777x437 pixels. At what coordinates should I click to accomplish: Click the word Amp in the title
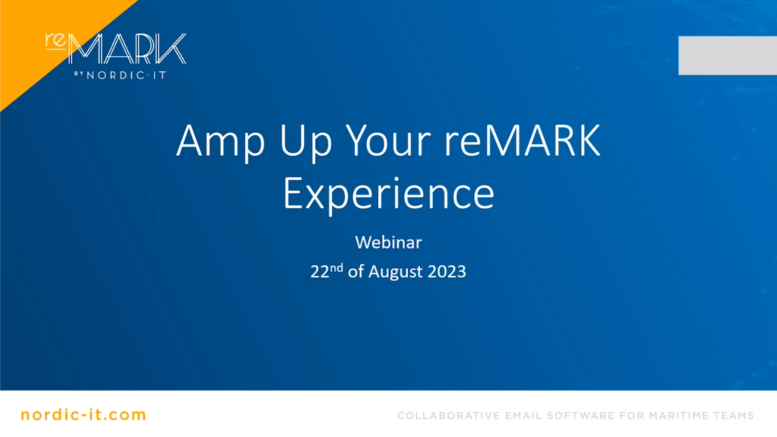pyautogui.click(x=220, y=142)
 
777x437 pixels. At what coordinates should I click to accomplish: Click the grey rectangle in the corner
pyautogui.click(x=728, y=56)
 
